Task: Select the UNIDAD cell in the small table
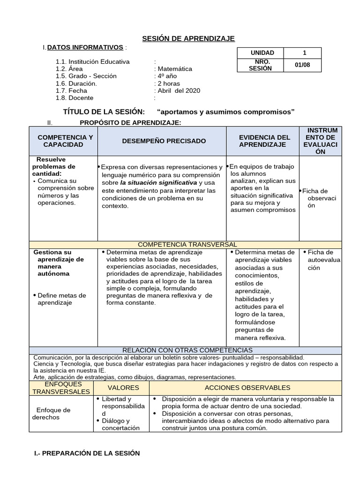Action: pyautogui.click(x=262, y=53)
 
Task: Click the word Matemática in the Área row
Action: pyautogui.click(x=174, y=68)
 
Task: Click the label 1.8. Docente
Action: pyautogui.click(x=75, y=98)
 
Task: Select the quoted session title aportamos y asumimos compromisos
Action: pyautogui.click(x=226, y=112)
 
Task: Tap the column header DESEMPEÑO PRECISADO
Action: pyautogui.click(x=164, y=141)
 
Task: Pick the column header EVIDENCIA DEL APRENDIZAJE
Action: pyautogui.click(x=265, y=141)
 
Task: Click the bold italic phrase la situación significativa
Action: pyautogui.click(x=158, y=182)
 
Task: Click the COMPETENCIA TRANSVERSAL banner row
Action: pyautogui.click(x=187, y=245)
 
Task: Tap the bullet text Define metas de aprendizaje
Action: pyautogui.click(x=61, y=299)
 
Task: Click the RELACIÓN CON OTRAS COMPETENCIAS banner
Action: pyautogui.click(x=187, y=350)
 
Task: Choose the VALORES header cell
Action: pyautogui.click(x=123, y=388)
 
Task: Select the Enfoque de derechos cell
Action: pyautogui.click(x=53, y=413)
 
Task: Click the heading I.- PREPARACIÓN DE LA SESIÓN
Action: pyautogui.click(x=87, y=453)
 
